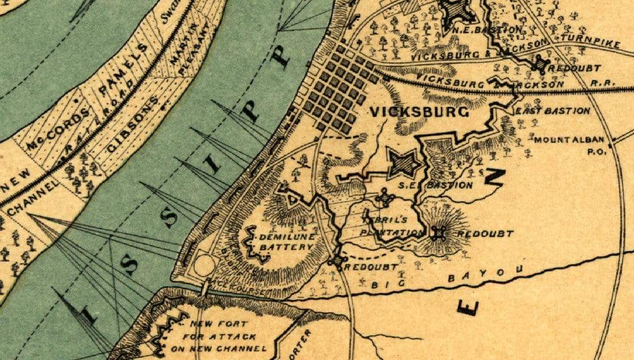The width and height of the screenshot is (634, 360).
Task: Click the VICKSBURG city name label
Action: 419,112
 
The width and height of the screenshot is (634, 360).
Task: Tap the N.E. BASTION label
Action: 486,29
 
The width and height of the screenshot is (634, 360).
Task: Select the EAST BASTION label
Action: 552,111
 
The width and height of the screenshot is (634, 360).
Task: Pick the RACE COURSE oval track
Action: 204,265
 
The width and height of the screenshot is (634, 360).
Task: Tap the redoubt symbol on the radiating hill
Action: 438,233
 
